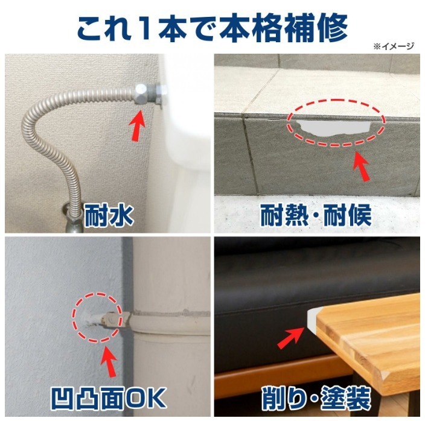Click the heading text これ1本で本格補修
(212, 28)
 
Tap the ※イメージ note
(394, 46)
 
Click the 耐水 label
(109, 216)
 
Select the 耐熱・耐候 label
(316, 215)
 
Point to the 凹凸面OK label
(109, 398)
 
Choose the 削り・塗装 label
(316, 398)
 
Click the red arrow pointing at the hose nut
(138, 125)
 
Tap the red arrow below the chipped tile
(362, 166)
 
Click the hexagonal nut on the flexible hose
(141, 93)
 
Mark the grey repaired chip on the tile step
(334, 128)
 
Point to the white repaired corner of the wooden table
(313, 319)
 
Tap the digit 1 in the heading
(145, 28)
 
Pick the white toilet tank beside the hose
(185, 115)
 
